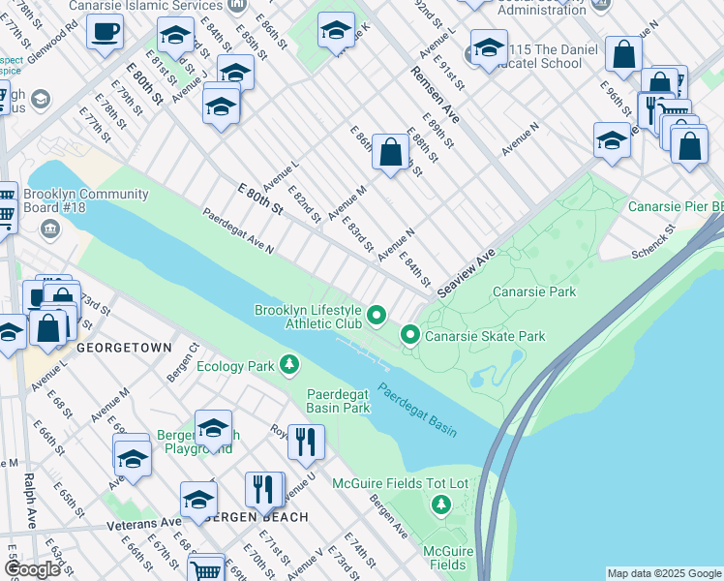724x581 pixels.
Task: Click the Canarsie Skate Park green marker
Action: coord(410,336)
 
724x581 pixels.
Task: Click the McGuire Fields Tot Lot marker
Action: coord(441,505)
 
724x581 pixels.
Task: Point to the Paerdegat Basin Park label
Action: coord(339,401)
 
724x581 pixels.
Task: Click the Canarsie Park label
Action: coord(533,291)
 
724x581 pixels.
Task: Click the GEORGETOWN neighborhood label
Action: coord(124,347)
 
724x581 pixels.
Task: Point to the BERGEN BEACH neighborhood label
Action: coord(258,517)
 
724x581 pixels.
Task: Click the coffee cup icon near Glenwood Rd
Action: coord(105,30)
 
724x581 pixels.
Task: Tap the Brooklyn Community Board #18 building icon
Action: coord(50,229)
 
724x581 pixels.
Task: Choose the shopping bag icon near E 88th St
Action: coord(390,152)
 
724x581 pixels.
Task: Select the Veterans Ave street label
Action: coord(144,522)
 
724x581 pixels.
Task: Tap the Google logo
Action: coord(32,569)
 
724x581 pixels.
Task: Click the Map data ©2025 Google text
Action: coord(664,573)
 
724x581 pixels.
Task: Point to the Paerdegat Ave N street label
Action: coord(237,231)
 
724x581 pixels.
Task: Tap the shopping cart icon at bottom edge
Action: coord(206,569)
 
